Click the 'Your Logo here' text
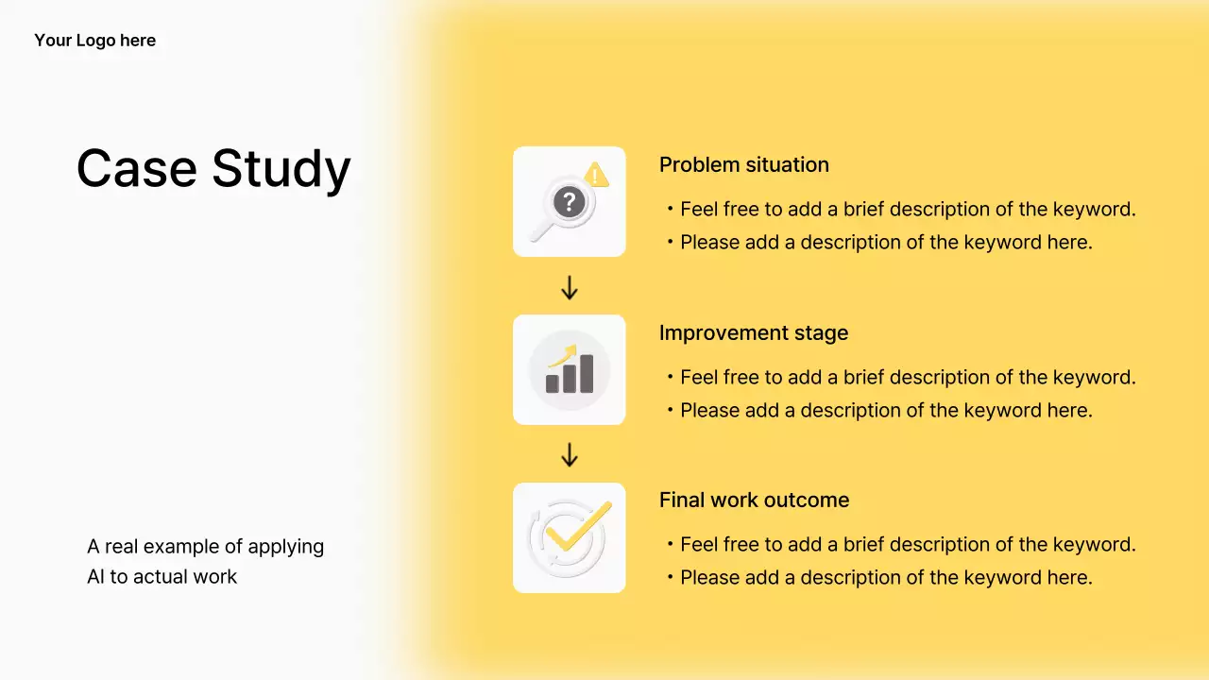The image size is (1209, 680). pyautogui.click(x=95, y=41)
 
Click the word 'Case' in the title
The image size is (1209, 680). pyautogui.click(x=137, y=168)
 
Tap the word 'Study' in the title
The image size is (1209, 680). pyautogui.click(x=281, y=171)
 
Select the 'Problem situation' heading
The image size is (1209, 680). pyautogui.click(x=743, y=165)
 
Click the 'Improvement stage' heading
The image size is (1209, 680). pyautogui.click(x=754, y=333)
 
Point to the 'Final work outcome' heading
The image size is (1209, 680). pyautogui.click(x=754, y=501)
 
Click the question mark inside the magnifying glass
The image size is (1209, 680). pyautogui.click(x=569, y=202)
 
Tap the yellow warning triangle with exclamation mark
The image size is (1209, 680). pyautogui.click(x=596, y=175)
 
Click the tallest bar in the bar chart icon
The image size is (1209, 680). pyautogui.click(x=587, y=373)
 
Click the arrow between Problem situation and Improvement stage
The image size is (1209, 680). pyautogui.click(x=570, y=288)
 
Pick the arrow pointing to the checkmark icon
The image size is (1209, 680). pyautogui.click(x=570, y=455)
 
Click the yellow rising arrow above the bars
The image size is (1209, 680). pyautogui.click(x=563, y=356)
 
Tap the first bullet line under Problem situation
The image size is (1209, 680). pyautogui.click(x=901, y=210)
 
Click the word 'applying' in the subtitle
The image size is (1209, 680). pyautogui.click(x=285, y=547)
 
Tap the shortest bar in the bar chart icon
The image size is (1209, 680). pyautogui.click(x=553, y=383)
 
